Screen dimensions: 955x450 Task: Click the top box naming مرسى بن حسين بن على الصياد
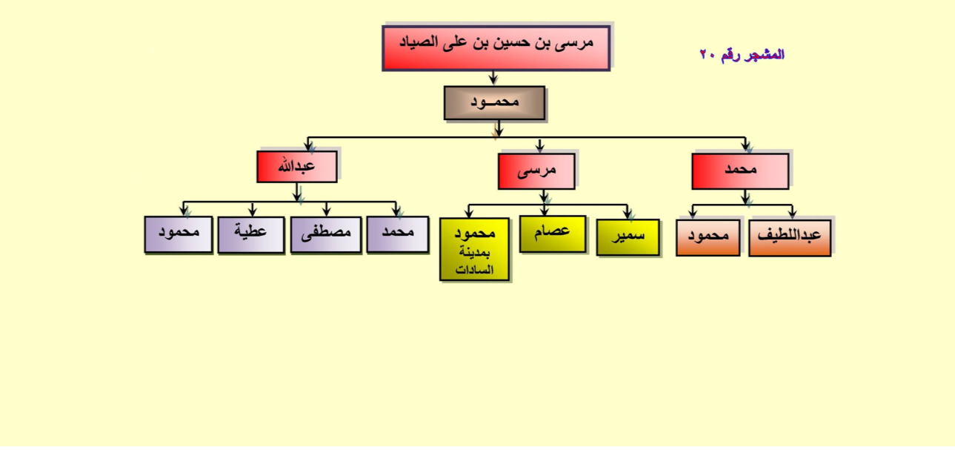(x=496, y=47)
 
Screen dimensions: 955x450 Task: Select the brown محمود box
(x=495, y=103)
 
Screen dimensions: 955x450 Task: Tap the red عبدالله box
(x=297, y=166)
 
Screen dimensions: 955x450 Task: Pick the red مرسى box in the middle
(x=536, y=171)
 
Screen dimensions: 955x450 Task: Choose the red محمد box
(x=740, y=171)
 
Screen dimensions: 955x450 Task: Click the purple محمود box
(x=179, y=234)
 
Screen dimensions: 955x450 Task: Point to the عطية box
(x=251, y=234)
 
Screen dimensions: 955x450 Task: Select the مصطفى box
(x=326, y=234)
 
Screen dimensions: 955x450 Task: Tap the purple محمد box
(x=398, y=234)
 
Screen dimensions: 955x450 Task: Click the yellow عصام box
(x=553, y=234)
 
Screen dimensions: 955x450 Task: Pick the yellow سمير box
(x=628, y=237)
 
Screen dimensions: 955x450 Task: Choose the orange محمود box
(x=708, y=237)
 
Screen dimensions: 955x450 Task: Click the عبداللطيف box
(x=790, y=237)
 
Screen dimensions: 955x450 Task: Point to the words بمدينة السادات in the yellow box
(x=474, y=261)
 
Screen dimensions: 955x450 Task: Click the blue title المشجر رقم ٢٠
(x=742, y=55)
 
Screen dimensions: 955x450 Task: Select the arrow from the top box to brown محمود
(x=493, y=78)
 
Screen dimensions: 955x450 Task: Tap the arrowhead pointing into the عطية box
(x=253, y=213)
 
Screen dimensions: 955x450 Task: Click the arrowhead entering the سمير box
(x=628, y=215)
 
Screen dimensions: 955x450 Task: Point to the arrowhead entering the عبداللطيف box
(x=792, y=215)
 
